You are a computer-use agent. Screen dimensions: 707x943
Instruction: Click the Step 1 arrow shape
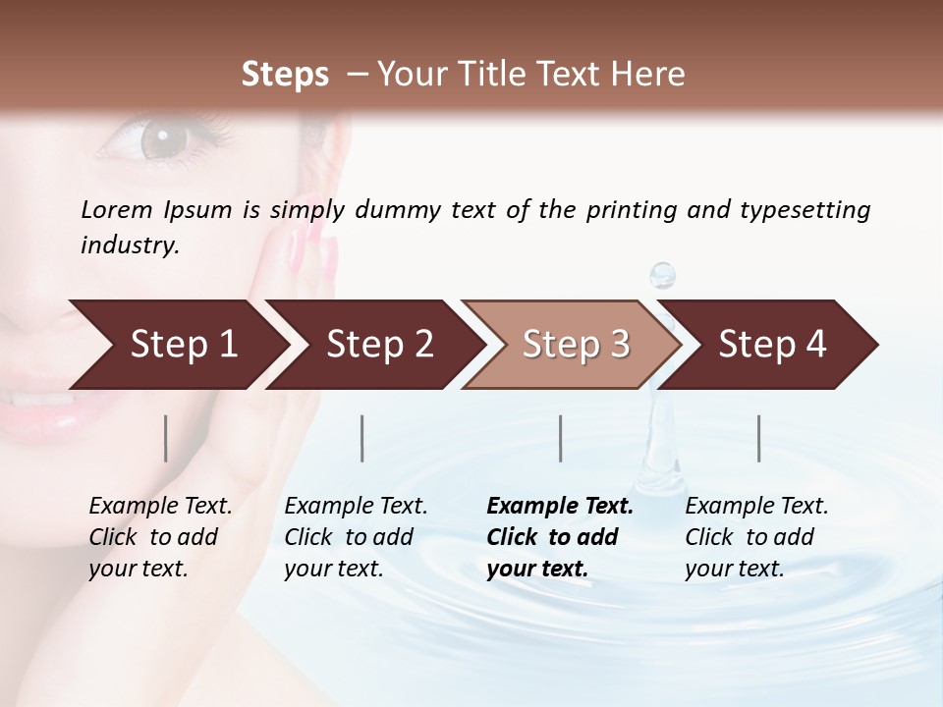click(177, 345)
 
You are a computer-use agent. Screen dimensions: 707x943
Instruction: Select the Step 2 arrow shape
click(378, 345)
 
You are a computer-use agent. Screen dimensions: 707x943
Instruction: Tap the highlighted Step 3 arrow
click(575, 345)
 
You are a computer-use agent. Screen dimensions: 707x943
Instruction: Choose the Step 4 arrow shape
click(772, 345)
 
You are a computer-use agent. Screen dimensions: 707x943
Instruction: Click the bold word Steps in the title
click(285, 75)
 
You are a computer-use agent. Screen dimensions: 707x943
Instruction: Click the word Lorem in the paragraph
click(116, 209)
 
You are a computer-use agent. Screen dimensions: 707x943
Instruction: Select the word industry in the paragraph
click(130, 245)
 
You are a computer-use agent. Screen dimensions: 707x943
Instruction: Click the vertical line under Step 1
click(166, 438)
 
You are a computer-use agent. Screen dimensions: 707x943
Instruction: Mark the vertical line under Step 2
click(363, 438)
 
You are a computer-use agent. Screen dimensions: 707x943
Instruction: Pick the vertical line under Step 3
click(561, 438)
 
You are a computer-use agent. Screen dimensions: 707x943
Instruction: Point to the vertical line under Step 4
click(759, 438)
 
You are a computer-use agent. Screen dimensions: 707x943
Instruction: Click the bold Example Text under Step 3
click(560, 507)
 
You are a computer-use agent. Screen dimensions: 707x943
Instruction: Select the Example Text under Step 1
click(160, 507)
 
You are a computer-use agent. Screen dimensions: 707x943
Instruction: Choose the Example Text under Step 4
click(756, 507)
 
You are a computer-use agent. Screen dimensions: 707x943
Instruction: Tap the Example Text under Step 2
click(356, 507)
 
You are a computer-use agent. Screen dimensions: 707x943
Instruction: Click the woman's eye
click(157, 139)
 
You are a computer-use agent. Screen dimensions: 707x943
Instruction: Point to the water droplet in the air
click(664, 275)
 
